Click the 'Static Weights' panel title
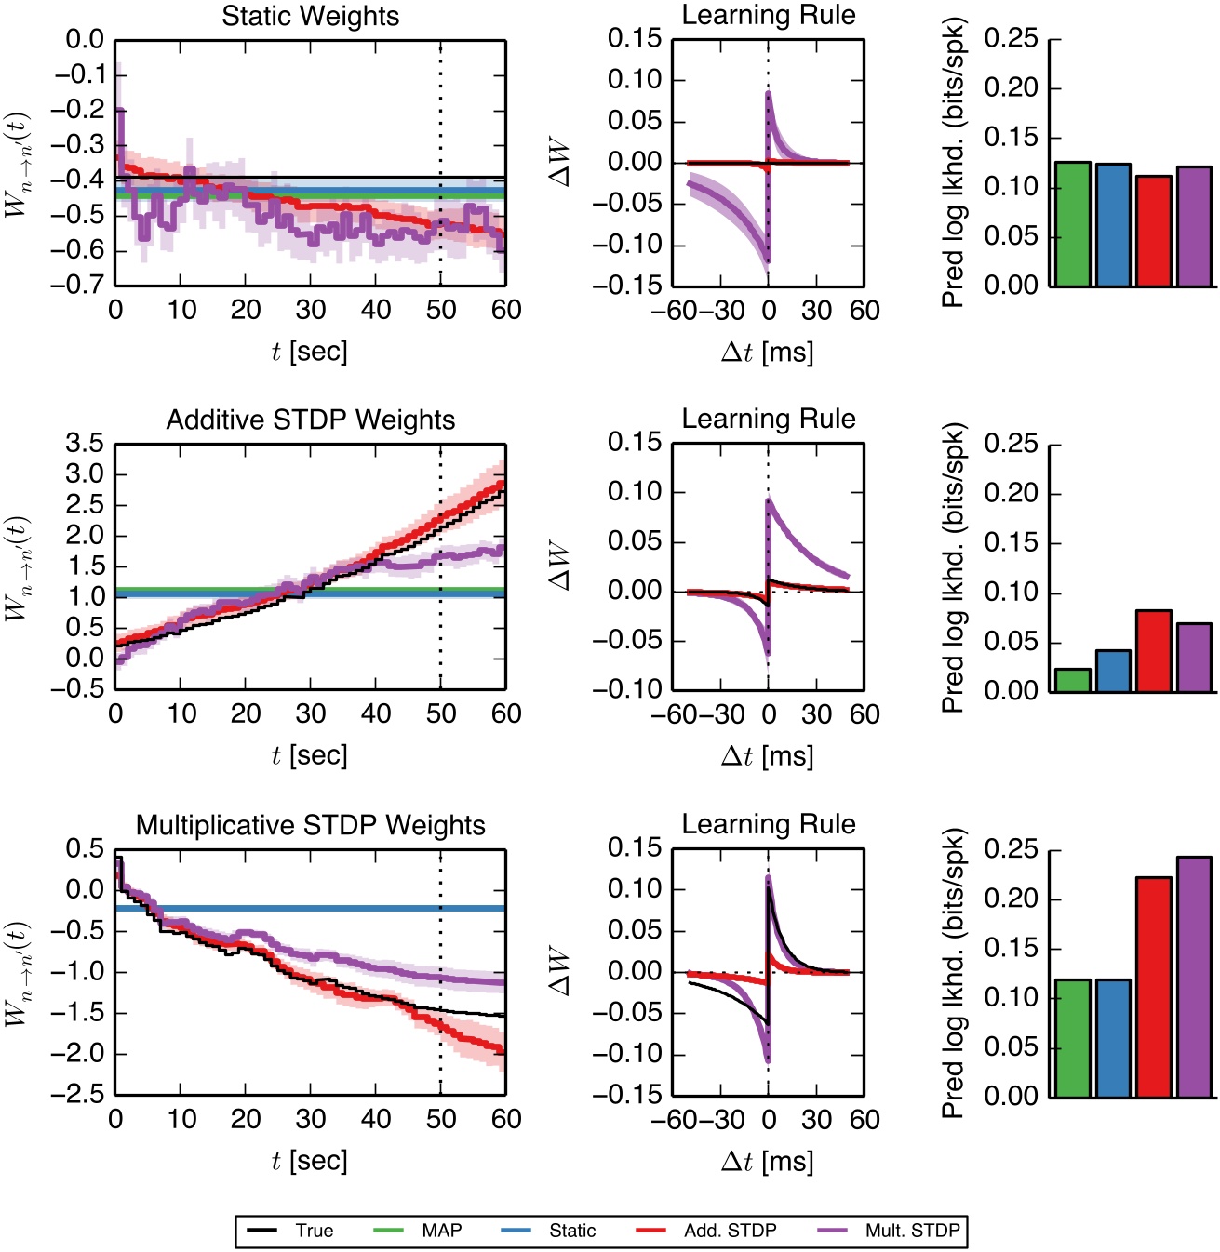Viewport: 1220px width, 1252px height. [x=310, y=17]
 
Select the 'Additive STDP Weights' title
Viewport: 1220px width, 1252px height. [x=310, y=420]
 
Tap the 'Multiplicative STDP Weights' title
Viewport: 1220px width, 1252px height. [x=310, y=825]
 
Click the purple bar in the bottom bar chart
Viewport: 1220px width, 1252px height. [x=1194, y=977]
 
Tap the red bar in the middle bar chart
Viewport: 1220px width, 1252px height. [x=1153, y=651]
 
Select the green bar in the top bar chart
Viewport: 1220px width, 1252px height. [x=1072, y=224]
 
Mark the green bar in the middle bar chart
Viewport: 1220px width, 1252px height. [x=1072, y=681]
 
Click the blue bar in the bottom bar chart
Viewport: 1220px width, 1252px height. [x=1113, y=1038]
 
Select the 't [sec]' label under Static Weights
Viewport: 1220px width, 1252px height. [x=310, y=352]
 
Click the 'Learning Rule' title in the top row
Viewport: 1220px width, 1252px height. [x=769, y=16]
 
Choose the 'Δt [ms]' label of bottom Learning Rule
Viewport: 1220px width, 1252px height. [x=768, y=1161]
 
